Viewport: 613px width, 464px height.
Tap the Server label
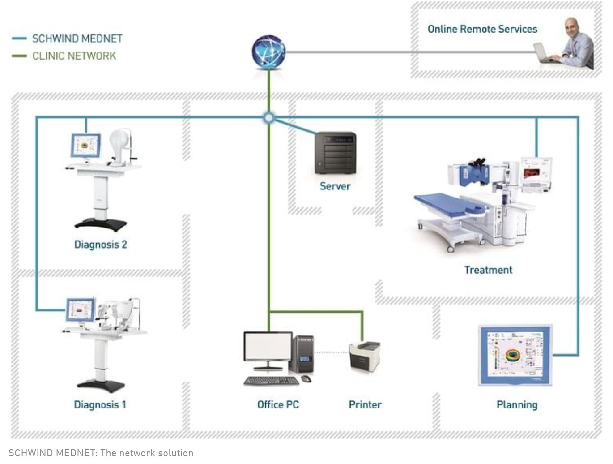pos(335,186)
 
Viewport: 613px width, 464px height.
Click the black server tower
pos(336,153)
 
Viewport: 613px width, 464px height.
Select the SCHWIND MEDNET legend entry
pos(77,39)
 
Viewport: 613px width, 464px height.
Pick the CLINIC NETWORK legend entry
pos(74,56)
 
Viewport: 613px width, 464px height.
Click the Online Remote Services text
pos(482,29)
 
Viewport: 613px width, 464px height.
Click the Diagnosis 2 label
pos(101,245)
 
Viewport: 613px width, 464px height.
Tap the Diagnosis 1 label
pos(100,405)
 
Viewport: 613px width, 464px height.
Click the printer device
pos(365,356)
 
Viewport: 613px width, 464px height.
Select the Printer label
pos(365,405)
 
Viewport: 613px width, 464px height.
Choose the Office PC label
pos(278,405)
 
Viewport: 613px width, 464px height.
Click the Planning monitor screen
pos(515,354)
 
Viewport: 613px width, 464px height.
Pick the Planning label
pos(517,405)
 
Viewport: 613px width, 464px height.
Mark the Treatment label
pos(488,270)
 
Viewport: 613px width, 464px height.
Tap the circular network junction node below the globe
pos(268,118)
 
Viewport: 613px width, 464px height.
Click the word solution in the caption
pos(175,453)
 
